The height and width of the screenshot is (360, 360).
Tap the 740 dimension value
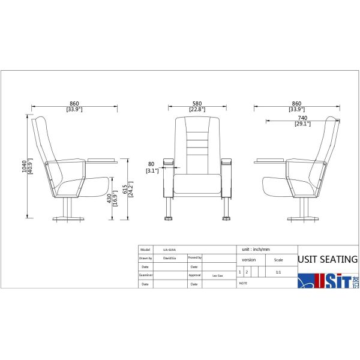point(302,118)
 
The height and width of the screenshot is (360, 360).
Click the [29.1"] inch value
point(302,124)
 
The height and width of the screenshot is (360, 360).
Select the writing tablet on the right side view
point(268,160)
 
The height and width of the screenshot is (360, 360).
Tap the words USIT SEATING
point(328,260)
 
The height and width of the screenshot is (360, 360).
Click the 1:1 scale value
point(278,272)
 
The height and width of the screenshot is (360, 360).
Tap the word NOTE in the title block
point(243,282)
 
